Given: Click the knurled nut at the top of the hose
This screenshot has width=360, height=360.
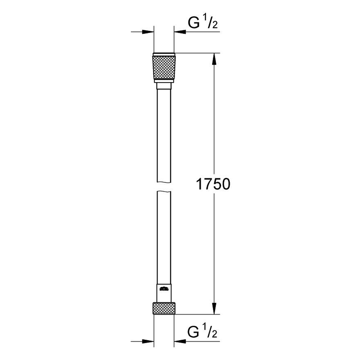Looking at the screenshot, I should click(x=164, y=67).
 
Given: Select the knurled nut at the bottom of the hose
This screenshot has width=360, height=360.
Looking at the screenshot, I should click(x=164, y=308).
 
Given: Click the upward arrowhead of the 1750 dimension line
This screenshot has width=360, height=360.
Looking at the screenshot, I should click(x=215, y=60).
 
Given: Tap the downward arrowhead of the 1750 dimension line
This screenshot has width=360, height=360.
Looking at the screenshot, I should click(x=215, y=308).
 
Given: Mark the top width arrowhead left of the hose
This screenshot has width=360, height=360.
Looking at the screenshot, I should click(x=148, y=32).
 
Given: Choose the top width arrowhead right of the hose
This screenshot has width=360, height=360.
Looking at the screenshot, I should click(x=180, y=32).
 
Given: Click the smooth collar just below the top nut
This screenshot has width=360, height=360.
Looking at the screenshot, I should click(x=164, y=87).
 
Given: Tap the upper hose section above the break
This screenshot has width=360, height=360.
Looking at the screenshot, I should click(x=164, y=137).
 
